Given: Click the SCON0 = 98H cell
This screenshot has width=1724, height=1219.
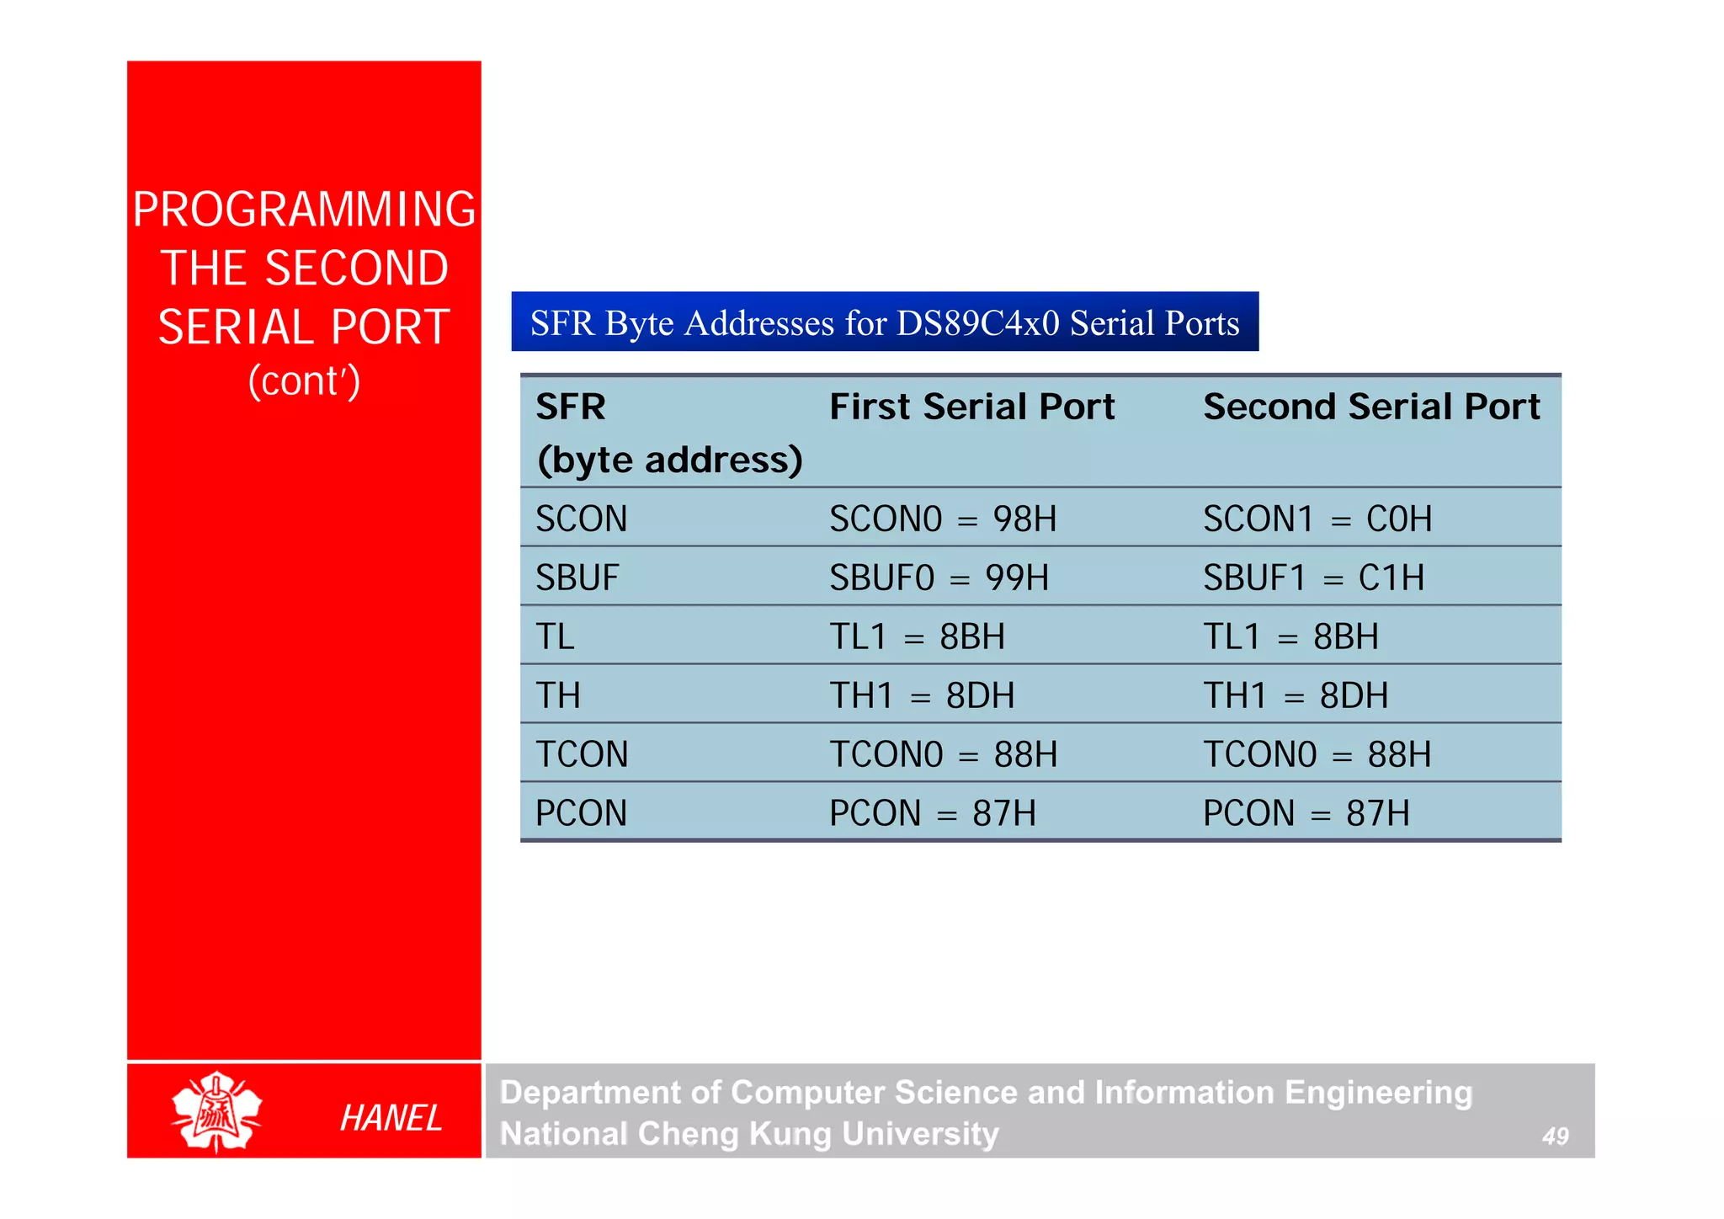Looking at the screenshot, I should tap(943, 519).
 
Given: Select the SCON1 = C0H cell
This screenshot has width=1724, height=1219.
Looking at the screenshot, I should tap(1317, 519).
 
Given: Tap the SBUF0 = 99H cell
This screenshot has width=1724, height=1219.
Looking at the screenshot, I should tap(939, 578).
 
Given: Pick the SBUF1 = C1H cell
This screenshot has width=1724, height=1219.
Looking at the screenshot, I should tap(1313, 578).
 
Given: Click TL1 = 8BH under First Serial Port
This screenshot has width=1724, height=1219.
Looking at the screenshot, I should tap(917, 636).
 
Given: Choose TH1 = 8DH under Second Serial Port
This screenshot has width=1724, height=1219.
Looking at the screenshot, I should tap(1296, 695).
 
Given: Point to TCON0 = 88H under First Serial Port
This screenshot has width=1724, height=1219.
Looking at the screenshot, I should tap(943, 754).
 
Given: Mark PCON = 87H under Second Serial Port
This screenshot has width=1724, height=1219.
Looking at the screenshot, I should tap(1306, 813).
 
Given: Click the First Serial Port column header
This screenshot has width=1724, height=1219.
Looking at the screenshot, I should tap(971, 407).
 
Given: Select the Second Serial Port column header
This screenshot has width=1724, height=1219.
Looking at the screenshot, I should tap(1371, 407).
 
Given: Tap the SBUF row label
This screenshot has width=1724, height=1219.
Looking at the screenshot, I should tap(577, 578).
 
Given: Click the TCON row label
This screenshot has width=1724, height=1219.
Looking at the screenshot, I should tap(582, 754).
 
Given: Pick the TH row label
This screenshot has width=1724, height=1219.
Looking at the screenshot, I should tap(558, 695).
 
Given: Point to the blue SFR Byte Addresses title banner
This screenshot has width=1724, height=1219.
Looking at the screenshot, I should tap(885, 322).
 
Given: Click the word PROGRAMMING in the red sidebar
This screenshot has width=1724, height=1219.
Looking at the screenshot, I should tap(304, 210).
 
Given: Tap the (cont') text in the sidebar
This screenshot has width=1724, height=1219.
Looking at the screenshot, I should tap(304, 381).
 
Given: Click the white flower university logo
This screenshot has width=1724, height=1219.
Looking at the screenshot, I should tap(216, 1111).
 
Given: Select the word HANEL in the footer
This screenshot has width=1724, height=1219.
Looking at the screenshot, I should tap(391, 1118).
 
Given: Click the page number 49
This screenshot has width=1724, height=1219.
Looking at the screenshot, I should tap(1555, 1136).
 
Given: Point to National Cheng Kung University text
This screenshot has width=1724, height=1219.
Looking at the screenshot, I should tap(749, 1134).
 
